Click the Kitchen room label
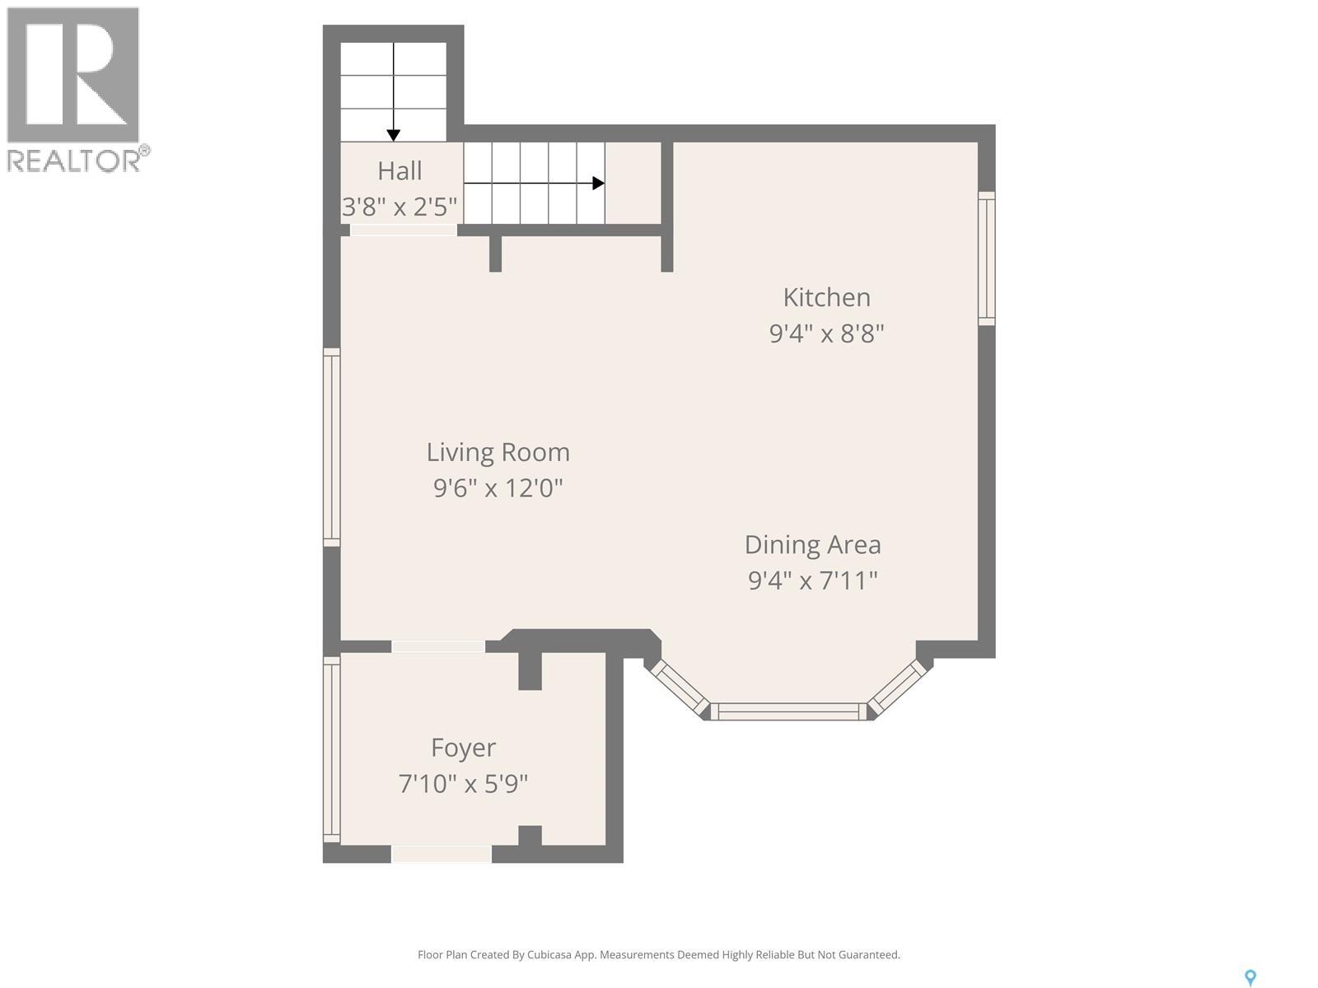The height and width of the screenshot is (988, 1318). (x=826, y=297)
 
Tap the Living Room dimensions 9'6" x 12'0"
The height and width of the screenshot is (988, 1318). (x=498, y=488)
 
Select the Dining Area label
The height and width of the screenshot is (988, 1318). (x=812, y=545)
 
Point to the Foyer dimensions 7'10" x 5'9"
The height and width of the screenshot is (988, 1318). (x=463, y=784)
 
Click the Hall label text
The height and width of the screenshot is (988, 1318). (x=400, y=171)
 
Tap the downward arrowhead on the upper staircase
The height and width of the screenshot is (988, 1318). (x=394, y=135)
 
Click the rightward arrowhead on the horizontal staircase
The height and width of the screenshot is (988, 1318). (x=599, y=183)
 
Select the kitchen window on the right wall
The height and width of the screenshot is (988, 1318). (x=986, y=258)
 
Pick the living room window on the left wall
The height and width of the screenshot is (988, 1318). (x=331, y=446)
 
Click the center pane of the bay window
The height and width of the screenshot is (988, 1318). (x=788, y=711)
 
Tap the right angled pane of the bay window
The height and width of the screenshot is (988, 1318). (x=899, y=687)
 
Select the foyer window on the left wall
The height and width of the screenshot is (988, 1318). (x=331, y=749)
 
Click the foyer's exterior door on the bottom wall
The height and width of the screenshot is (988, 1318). (x=441, y=854)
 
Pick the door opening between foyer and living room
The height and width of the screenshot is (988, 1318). (x=437, y=646)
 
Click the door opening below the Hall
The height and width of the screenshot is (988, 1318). (x=403, y=231)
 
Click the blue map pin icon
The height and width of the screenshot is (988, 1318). (x=1250, y=977)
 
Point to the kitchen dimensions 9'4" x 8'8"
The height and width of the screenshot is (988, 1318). (x=826, y=334)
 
